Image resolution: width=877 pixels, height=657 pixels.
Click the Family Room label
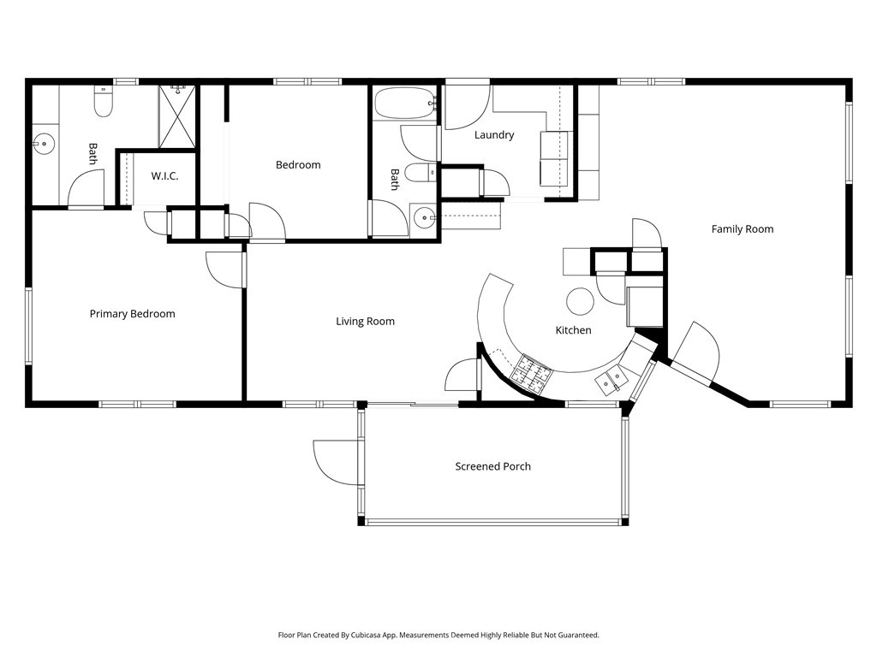[x=742, y=228]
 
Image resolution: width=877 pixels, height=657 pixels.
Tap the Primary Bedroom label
[x=132, y=314]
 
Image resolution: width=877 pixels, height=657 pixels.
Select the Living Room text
[x=365, y=322]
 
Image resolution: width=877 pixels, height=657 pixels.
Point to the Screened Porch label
[x=492, y=466]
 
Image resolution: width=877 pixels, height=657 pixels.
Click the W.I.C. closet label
[x=164, y=176]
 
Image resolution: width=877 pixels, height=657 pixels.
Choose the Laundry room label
[x=494, y=135]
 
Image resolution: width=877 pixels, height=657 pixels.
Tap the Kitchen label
[x=573, y=330]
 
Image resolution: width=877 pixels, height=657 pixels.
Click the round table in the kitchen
[x=581, y=301]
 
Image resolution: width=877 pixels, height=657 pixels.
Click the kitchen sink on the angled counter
[x=612, y=379]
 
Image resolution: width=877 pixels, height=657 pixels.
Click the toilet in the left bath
[x=103, y=103]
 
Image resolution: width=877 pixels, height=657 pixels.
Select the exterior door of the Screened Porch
[x=338, y=462]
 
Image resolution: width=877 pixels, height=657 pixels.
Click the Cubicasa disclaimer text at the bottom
[x=438, y=636]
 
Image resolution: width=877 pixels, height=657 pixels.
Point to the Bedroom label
[x=298, y=165]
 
